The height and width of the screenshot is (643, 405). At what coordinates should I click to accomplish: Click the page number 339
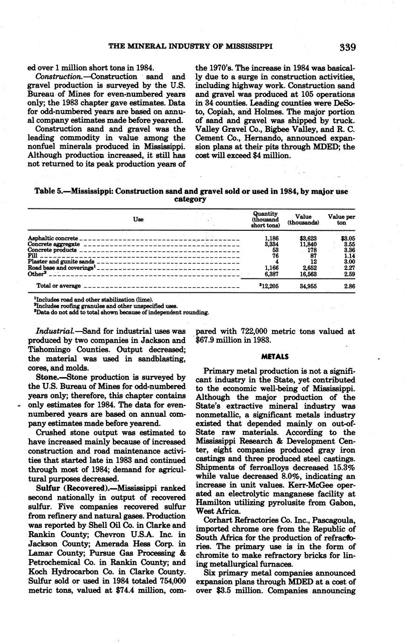pos(348,47)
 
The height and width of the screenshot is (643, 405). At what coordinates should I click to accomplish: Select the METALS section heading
pos(275,357)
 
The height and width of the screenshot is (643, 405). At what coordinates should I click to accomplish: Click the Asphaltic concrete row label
pos(53,238)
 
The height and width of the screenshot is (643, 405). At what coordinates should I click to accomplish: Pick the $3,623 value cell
pos(309,238)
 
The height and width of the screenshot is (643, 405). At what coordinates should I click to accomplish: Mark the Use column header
pos(138,220)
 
